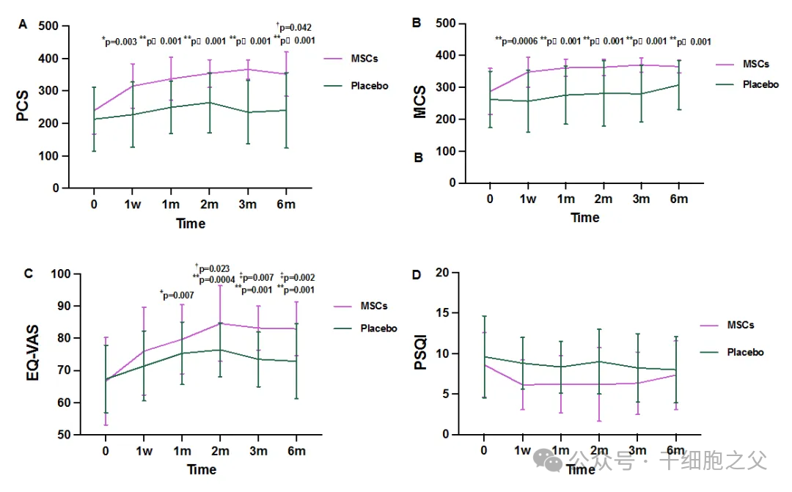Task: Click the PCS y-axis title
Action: click(23, 107)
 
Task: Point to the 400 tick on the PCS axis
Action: click(48, 59)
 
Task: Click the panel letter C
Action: click(28, 274)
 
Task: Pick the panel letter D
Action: click(417, 276)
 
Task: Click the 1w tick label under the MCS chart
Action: click(527, 199)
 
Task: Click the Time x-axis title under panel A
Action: click(190, 224)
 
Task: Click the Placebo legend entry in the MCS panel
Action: click(760, 84)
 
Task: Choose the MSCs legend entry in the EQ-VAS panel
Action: click(374, 306)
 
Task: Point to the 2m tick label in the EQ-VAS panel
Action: click(219, 451)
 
